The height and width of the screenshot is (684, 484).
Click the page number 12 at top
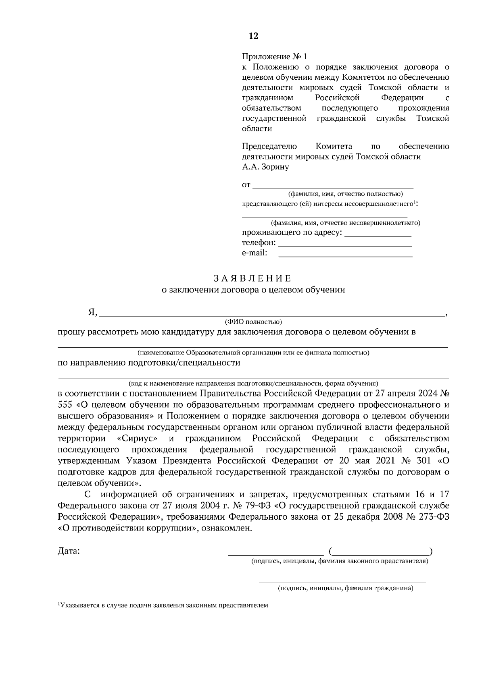click(253, 36)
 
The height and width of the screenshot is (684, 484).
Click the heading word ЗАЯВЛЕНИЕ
click(252, 278)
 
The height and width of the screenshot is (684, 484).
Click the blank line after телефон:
click(345, 245)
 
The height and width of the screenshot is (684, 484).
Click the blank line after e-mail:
click(345, 256)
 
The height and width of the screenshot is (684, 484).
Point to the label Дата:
click(69, 551)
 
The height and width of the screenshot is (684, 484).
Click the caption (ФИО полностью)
click(253, 322)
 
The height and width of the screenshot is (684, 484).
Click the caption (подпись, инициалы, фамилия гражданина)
click(345, 589)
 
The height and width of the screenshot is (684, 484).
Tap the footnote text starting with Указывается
click(163, 605)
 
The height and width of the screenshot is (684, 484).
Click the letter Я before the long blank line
click(92, 312)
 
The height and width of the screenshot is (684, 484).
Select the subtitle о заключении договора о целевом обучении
click(253, 290)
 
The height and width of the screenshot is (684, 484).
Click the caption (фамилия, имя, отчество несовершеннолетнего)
click(345, 222)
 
